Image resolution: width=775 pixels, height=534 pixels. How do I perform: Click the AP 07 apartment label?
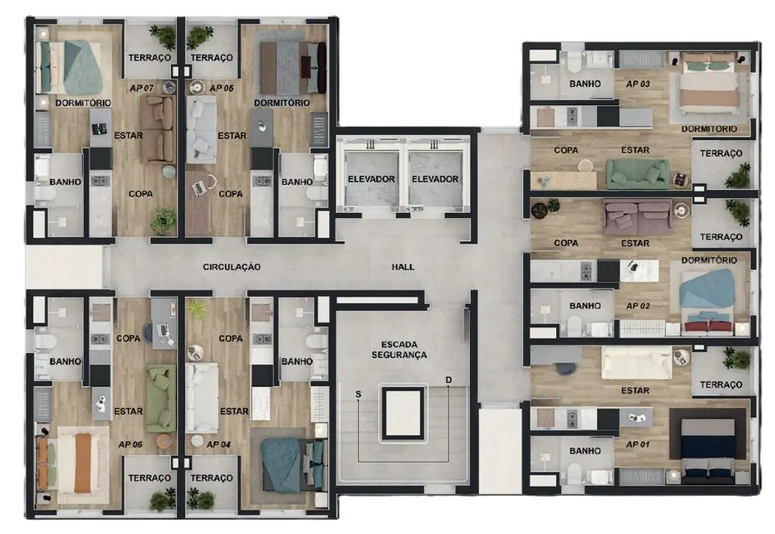pos(142,88)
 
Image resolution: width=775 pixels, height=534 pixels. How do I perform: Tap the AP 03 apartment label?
pos(637,84)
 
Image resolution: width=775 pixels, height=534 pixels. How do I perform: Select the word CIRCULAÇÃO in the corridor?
pos(232,267)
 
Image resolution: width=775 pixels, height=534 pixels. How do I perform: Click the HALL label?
pos(403,267)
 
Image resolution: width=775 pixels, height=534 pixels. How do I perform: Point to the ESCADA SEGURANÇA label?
pos(399,350)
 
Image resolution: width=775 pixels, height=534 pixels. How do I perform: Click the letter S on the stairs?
pos(358,394)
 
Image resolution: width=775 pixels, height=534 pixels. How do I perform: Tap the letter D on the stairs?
pos(448,379)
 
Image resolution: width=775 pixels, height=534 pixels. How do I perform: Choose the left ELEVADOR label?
pos(371,179)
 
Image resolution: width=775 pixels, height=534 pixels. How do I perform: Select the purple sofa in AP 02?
pos(637,216)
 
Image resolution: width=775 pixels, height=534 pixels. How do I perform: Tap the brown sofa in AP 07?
pos(157,130)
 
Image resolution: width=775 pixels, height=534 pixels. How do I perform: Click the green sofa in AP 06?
pos(160,398)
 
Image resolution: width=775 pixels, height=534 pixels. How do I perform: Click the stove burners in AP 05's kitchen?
pos(261,182)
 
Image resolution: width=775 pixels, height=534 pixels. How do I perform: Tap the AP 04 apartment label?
pos(219,445)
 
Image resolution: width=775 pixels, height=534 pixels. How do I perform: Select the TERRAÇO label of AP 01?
pos(721,385)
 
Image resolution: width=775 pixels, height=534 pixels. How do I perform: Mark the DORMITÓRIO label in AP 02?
pos(708,260)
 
